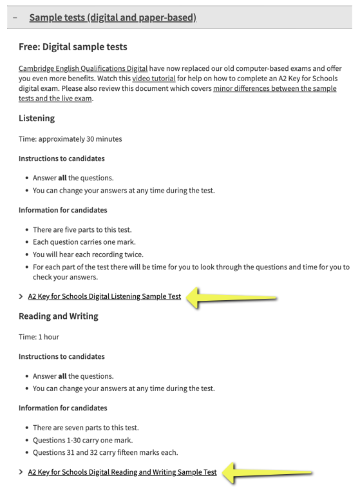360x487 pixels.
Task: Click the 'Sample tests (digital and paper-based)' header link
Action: tap(113, 17)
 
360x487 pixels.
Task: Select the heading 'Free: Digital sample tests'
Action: tap(73, 46)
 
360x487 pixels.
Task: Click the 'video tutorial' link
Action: tap(153, 79)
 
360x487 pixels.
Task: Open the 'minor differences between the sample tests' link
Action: tap(274, 88)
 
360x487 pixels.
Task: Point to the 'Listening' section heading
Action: tap(37, 118)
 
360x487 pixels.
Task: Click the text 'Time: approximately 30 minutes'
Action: tap(70, 138)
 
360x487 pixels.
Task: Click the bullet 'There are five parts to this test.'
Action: tap(82, 230)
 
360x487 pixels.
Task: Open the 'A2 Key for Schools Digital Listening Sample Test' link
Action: tap(104, 297)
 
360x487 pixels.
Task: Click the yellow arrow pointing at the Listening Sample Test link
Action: tap(235, 298)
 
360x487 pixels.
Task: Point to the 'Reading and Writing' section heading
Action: tap(59, 316)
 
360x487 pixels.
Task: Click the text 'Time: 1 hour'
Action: tap(40, 336)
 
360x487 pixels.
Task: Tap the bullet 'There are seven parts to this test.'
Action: tap(86, 428)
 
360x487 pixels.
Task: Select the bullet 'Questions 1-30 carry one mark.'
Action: tap(82, 440)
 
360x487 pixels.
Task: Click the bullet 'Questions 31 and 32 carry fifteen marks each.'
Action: tap(105, 452)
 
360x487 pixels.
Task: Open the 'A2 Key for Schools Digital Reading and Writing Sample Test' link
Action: tap(122, 472)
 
